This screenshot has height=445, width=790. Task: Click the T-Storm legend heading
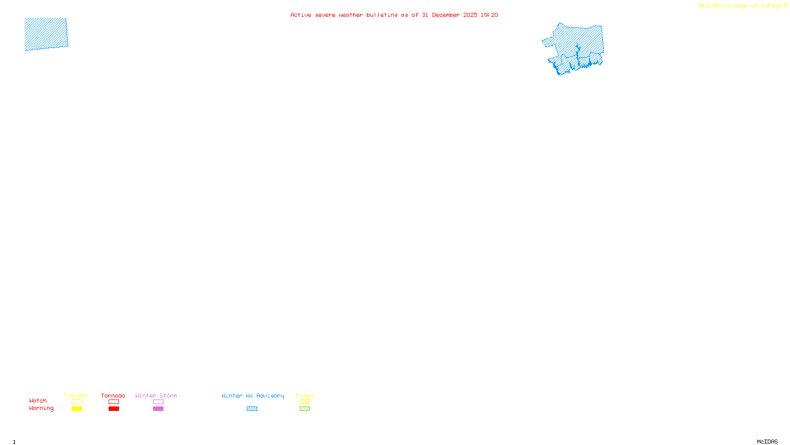point(76,396)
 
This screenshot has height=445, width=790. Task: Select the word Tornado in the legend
point(113,396)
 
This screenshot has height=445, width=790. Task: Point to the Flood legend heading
point(305,396)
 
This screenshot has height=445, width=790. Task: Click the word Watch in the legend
point(38,400)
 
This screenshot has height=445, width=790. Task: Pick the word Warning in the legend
point(41,408)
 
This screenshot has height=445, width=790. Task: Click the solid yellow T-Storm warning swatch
point(77,409)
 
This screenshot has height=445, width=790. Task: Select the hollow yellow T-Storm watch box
point(77,402)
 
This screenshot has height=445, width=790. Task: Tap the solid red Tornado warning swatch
point(114,409)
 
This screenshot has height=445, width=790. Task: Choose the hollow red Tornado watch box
point(114,402)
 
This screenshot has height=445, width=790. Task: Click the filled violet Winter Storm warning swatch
point(158,409)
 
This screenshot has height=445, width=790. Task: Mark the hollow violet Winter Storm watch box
point(158,402)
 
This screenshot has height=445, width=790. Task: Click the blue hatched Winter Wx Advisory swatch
point(252,409)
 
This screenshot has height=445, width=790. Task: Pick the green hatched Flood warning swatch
point(305,409)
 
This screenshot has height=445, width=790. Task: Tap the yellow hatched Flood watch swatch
point(305,402)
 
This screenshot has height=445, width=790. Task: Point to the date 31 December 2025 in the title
point(449,15)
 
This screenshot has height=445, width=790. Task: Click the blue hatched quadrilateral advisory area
point(46,34)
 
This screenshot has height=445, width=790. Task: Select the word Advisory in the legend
point(270,396)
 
